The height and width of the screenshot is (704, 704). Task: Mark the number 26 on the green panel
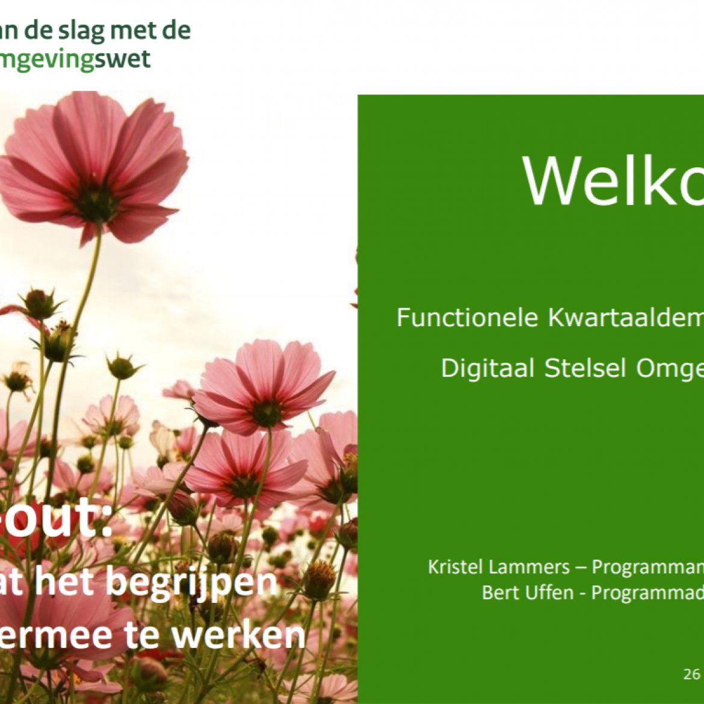(691, 674)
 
